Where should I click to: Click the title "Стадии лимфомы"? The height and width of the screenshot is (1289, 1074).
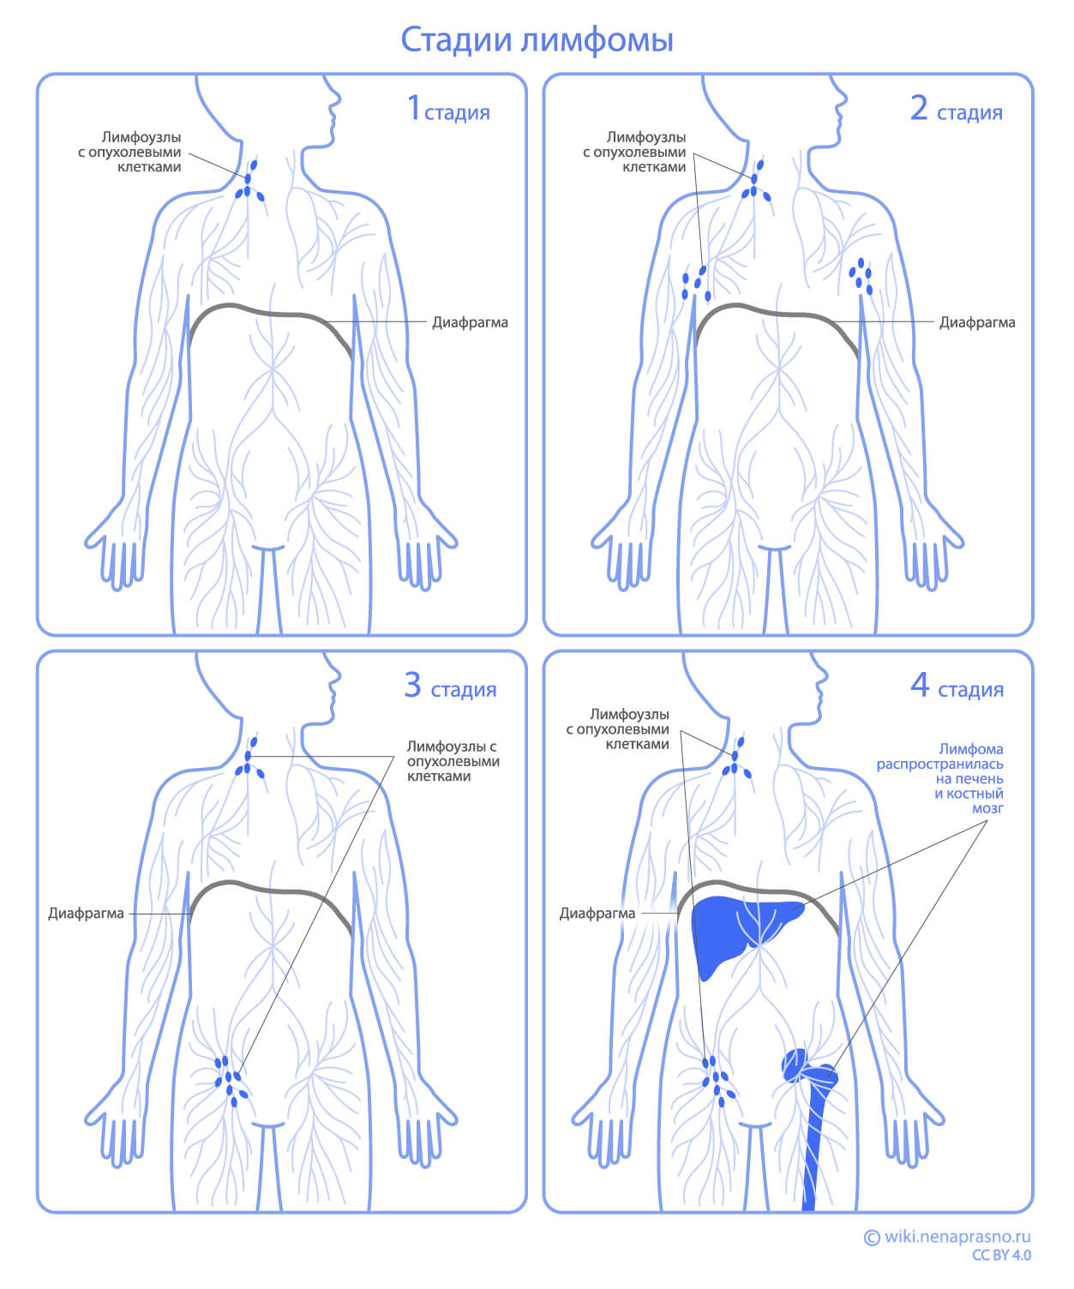coord(537,40)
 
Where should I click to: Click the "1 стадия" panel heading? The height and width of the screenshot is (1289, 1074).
coord(447,110)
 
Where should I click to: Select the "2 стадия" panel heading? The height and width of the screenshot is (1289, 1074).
coord(956,110)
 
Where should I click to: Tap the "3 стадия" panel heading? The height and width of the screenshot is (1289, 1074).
coord(450,686)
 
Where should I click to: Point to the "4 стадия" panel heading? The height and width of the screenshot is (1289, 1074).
coord(957,686)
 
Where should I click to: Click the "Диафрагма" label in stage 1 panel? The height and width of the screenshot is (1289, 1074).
coord(469,323)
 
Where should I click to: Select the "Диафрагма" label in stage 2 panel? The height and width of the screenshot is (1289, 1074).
coord(976,323)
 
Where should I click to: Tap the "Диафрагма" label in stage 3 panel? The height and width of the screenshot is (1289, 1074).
coord(86,914)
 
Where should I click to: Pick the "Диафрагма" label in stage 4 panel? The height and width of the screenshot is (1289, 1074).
coord(597,914)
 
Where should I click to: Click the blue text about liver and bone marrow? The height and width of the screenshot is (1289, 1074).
coord(951,778)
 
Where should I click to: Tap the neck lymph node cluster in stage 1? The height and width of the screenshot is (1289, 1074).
coord(249,183)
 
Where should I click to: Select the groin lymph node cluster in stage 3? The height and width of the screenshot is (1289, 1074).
coord(231,1082)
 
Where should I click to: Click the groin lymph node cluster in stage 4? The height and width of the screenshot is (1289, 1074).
coord(717,1080)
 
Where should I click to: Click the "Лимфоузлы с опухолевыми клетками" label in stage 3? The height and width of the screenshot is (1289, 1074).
coord(452,761)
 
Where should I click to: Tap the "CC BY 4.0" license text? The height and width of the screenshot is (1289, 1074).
coord(1001,1256)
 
